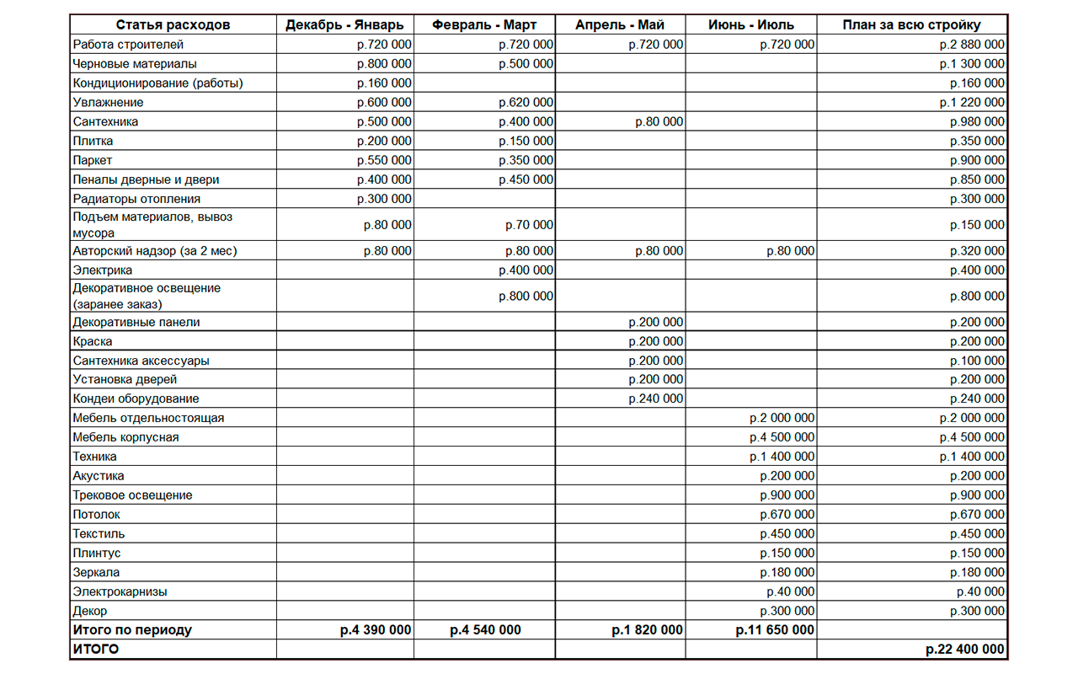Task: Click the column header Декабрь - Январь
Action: click(344, 25)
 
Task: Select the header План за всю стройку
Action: click(911, 25)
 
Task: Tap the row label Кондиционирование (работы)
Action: click(157, 83)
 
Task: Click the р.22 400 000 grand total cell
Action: click(964, 650)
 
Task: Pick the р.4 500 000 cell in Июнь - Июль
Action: click(782, 437)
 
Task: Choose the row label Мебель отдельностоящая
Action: click(148, 418)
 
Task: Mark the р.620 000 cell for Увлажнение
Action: click(526, 103)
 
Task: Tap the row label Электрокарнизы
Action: click(120, 591)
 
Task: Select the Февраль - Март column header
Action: click(484, 25)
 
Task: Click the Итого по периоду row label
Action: click(132, 630)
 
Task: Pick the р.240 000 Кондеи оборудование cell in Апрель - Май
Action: click(655, 399)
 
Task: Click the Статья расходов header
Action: click(173, 25)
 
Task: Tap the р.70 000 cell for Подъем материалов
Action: click(529, 225)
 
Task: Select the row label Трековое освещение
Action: click(132, 495)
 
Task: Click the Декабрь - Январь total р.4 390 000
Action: click(376, 630)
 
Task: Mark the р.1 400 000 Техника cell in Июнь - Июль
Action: click(782, 457)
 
